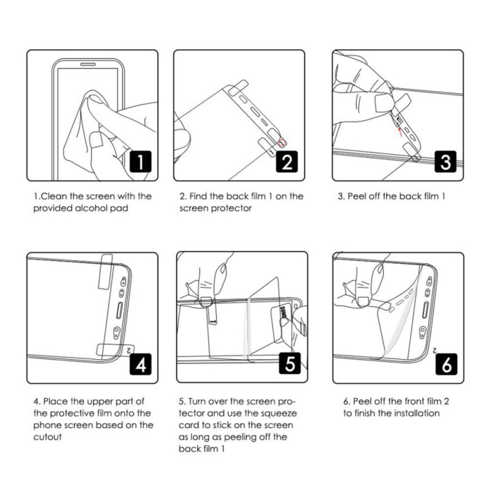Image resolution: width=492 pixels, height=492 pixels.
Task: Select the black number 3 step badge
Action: coord(446,162)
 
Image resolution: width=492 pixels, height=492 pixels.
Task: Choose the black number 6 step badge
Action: coord(446,365)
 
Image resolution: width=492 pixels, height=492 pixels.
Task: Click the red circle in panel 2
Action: coord(282,143)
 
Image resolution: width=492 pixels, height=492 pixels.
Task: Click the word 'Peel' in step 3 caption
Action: coord(359,197)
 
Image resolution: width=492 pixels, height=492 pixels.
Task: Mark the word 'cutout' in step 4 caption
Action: coord(47,437)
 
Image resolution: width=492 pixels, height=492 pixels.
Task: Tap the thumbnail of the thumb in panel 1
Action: coord(95,141)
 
